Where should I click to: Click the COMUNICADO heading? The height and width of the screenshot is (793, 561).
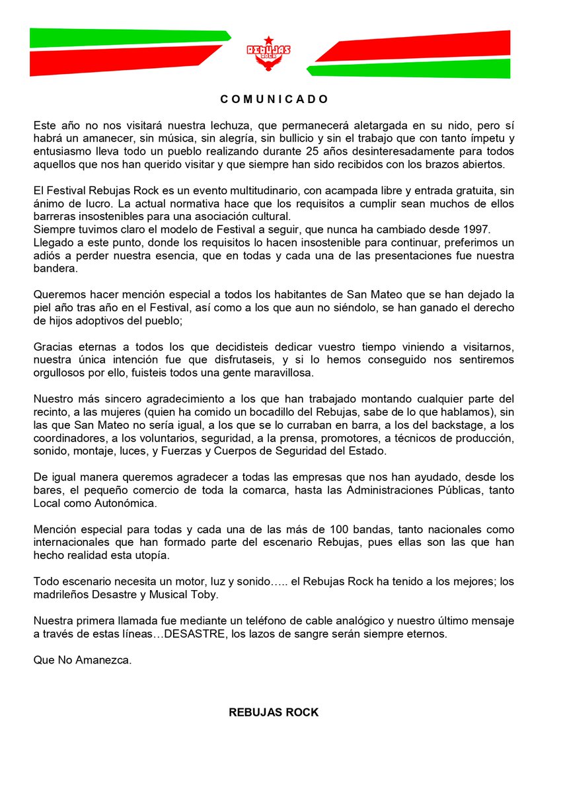pyautogui.click(x=274, y=99)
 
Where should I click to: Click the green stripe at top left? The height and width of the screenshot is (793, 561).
pyautogui.click(x=126, y=38)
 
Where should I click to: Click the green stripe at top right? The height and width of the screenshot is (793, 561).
pyautogui.click(x=410, y=69)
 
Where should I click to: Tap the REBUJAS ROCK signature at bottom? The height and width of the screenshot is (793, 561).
pyautogui.click(x=274, y=712)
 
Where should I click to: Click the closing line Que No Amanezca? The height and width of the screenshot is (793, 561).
pyautogui.click(x=83, y=660)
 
